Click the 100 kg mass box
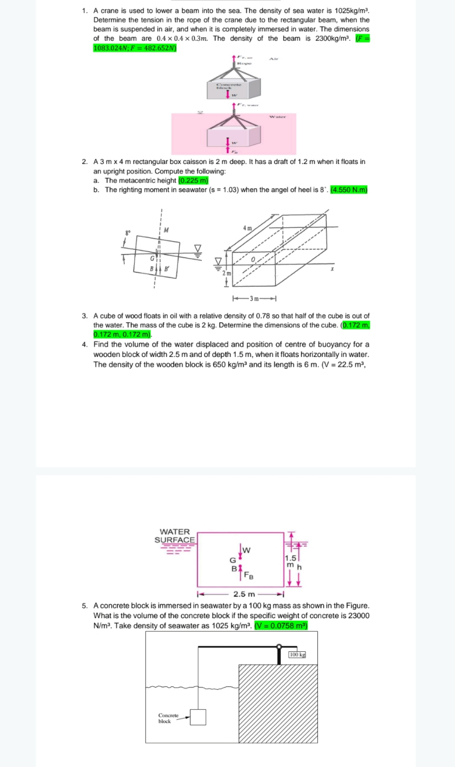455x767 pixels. coord(297,654)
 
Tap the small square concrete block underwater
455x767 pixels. coord(198,717)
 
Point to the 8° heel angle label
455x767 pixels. coord(128,233)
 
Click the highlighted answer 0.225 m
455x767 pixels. coord(193,180)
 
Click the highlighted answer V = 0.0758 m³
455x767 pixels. coord(281,626)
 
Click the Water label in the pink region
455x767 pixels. coord(277,117)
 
